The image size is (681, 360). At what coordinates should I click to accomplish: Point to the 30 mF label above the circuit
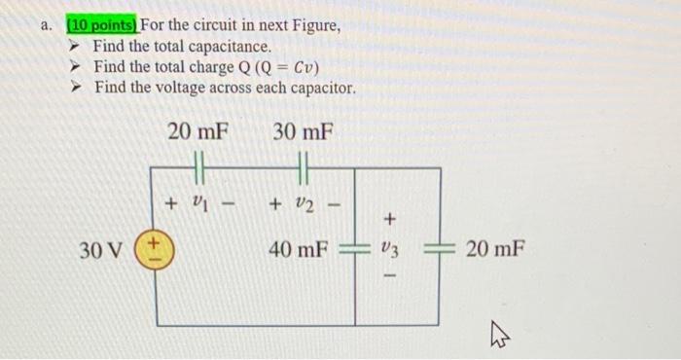pos(303,131)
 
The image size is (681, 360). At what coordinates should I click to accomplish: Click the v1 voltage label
pos(198,205)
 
